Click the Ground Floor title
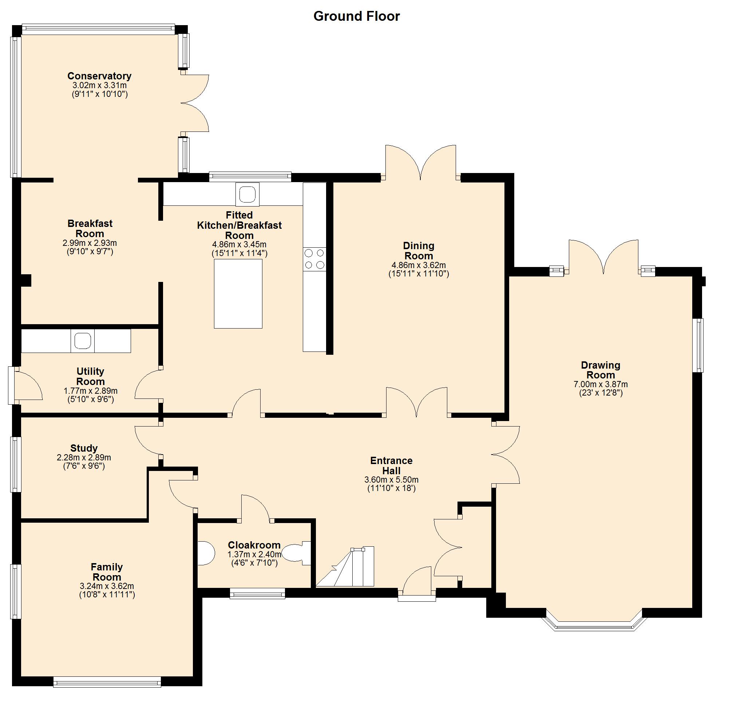(356, 16)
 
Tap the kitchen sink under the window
(247, 194)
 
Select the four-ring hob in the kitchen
(314, 259)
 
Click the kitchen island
(238, 294)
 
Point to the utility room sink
(82, 341)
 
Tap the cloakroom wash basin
(206, 553)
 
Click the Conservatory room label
(99, 76)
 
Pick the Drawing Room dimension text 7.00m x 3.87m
(601, 384)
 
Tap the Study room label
(84, 448)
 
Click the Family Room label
(107, 572)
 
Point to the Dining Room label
(419, 251)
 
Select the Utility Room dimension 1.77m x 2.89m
(90, 391)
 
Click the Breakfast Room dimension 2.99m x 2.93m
(90, 243)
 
